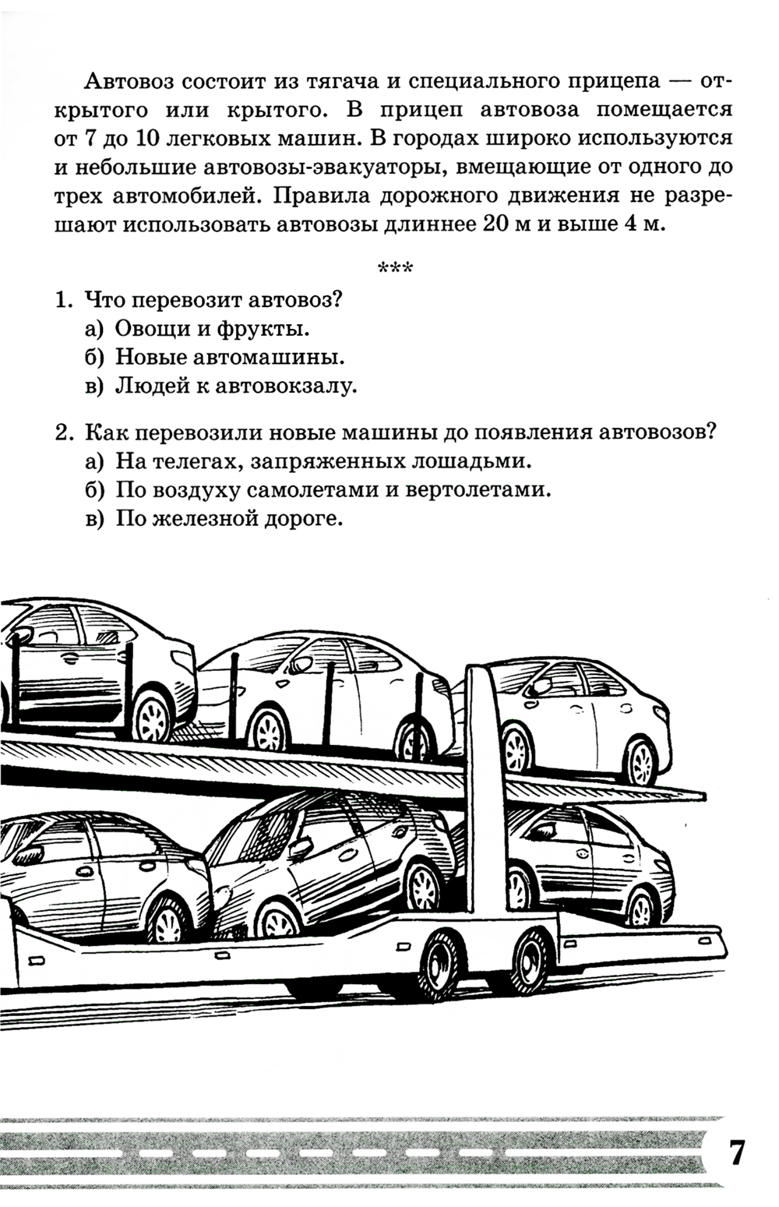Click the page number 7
click(x=736, y=1152)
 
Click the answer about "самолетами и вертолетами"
click(x=328, y=490)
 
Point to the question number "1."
click(x=65, y=299)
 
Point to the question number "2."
click(x=65, y=432)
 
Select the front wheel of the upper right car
click(x=641, y=759)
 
